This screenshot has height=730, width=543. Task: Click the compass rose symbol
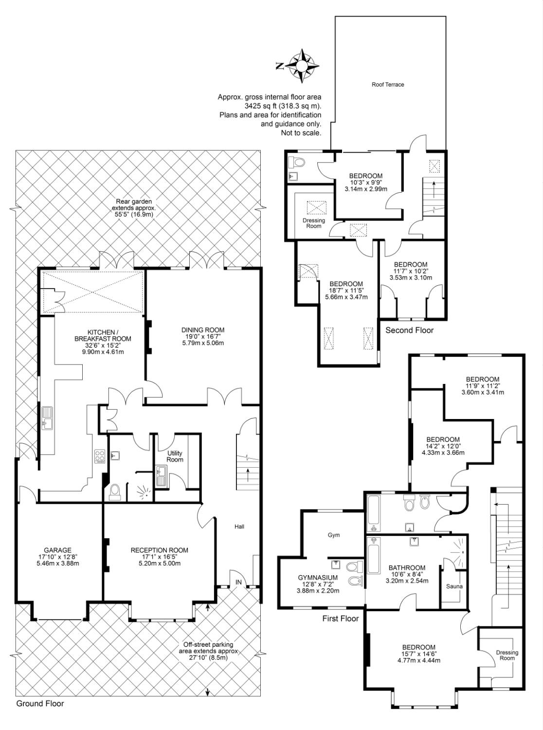tap(302, 66)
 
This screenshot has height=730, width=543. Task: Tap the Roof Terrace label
tap(388, 85)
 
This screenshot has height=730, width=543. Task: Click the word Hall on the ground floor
tap(239, 527)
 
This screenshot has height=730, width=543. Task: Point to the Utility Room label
tap(175, 456)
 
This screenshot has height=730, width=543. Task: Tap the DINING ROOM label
tap(203, 330)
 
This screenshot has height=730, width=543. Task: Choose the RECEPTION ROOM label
tap(160, 550)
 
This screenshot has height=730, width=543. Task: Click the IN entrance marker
tap(238, 582)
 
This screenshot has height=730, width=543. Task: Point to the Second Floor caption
tap(409, 330)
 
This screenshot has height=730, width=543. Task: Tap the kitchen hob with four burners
tap(100, 456)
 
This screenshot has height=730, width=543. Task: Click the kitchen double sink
tap(47, 419)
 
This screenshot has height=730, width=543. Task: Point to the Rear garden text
tap(134, 201)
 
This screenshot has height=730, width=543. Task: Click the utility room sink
tap(162, 476)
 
